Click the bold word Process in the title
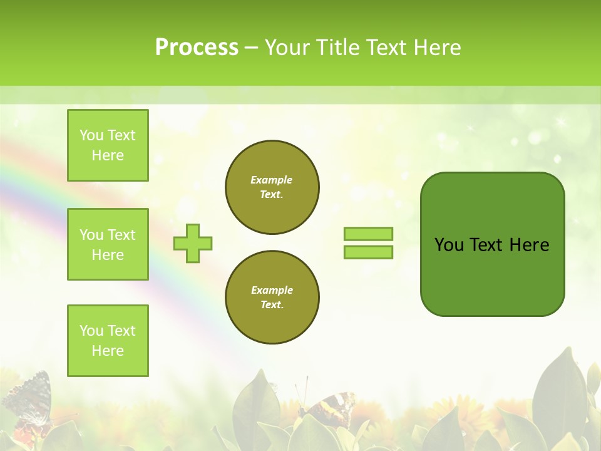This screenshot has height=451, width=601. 197,48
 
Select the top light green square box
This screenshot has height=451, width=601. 108,145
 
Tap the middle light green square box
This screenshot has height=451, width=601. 108,244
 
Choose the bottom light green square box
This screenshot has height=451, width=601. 108,341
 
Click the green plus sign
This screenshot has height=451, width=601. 193,243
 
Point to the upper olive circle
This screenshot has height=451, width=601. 272,187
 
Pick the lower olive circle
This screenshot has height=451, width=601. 272,298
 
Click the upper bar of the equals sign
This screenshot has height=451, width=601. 368,234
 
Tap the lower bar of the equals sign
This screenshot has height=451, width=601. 368,252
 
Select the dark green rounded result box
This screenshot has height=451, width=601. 492,244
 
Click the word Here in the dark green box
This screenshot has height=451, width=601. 529,245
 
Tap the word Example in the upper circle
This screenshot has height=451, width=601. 272,180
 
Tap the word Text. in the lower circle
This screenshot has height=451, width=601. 272,305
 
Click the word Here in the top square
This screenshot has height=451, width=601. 108,155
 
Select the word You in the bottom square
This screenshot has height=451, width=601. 91,331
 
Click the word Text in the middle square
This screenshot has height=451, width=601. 121,235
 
